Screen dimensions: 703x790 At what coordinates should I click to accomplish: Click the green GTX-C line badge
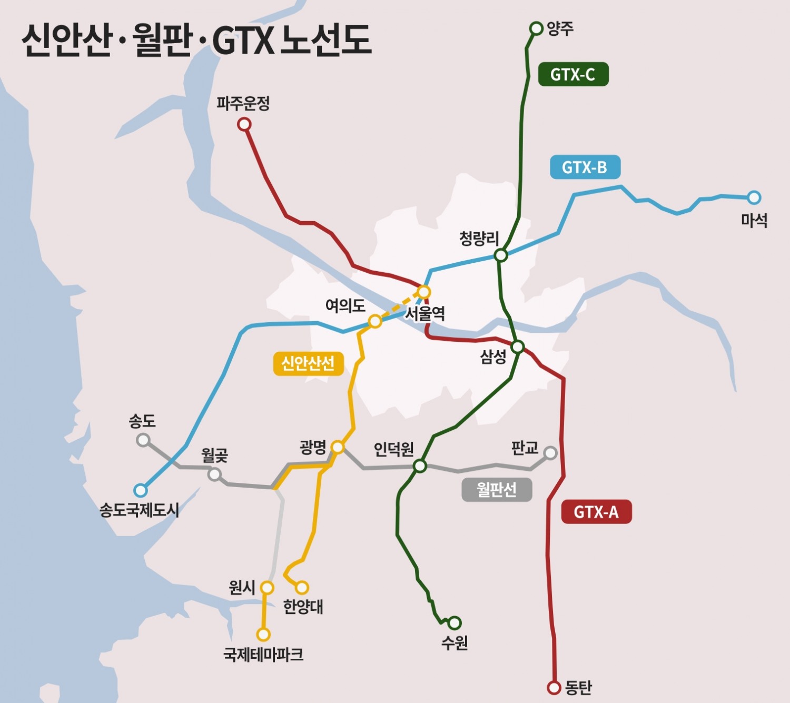(573, 74)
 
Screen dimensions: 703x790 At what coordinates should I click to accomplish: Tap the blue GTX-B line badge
(585, 167)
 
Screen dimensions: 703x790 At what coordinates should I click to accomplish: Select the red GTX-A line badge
(596, 512)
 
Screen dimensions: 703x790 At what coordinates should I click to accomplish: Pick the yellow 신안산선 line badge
(308, 363)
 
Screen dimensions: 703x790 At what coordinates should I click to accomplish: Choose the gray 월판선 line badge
(496, 490)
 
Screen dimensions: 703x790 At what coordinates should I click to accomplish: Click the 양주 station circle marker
(536, 28)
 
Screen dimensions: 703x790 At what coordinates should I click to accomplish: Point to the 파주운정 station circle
(244, 124)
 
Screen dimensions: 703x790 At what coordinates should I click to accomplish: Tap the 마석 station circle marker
(754, 197)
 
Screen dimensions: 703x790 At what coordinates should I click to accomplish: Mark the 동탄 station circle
(554, 687)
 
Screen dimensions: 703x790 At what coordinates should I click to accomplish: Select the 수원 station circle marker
(455, 623)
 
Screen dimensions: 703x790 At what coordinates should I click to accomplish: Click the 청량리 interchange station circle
(501, 255)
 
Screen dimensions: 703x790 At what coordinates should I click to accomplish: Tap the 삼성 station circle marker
(518, 346)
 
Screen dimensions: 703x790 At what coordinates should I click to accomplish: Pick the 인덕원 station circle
(420, 466)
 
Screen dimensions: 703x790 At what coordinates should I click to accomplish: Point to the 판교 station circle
(550, 453)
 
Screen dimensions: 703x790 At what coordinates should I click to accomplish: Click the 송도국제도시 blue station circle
(140, 490)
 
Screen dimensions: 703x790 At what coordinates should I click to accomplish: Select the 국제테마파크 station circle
(263, 635)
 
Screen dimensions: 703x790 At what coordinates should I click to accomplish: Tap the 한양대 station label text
(303, 607)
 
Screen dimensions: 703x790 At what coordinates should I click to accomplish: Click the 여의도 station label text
(345, 305)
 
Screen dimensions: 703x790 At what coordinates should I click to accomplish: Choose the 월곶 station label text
(214, 455)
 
